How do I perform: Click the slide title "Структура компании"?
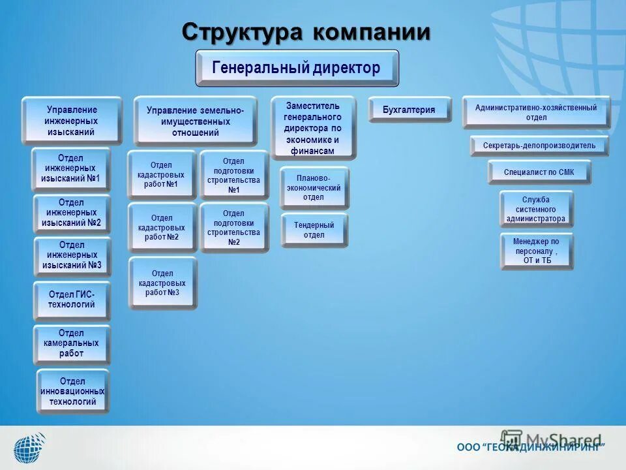tap(306, 31)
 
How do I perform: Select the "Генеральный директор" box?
tap(297, 68)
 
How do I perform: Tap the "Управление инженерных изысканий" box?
tap(71, 121)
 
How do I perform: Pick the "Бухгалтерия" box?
tap(409, 110)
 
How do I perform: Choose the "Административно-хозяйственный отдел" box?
tap(535, 112)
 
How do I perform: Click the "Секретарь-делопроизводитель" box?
tap(539, 146)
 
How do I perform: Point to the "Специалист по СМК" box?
tap(539, 172)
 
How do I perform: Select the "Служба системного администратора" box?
tap(536, 209)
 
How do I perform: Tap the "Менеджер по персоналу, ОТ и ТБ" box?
tap(537, 251)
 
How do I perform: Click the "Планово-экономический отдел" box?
tap(314, 187)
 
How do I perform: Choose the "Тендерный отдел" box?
tap(314, 230)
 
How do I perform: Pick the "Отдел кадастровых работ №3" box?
tap(162, 283)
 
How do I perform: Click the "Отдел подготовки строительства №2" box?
tap(233, 228)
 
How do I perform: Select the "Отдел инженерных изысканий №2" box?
tap(71, 213)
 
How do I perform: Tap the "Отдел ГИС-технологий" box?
tap(71, 300)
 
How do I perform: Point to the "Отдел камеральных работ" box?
tap(71, 343)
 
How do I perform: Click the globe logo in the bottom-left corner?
tap(29, 448)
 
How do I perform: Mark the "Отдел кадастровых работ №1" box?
tap(161, 175)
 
